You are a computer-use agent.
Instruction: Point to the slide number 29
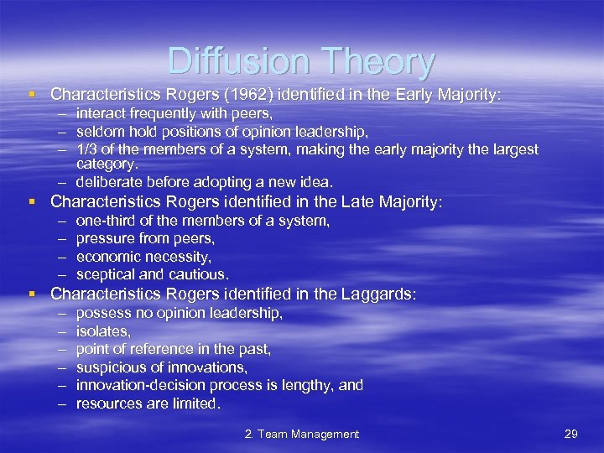tap(572, 434)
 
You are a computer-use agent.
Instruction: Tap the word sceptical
tap(107, 274)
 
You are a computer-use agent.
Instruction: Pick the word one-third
tap(107, 221)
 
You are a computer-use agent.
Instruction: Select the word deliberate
tap(108, 181)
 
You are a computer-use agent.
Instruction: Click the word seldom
tap(97, 131)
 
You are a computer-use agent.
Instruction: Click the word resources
tap(107, 404)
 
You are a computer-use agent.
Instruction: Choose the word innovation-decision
tap(142, 385)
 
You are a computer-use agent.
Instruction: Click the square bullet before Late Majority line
tap(31, 202)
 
